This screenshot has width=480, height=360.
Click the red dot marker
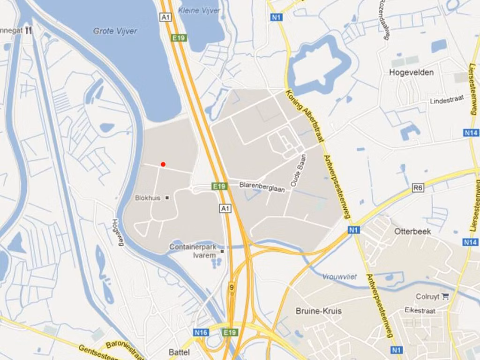click(x=163, y=164)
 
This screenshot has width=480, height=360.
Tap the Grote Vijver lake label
click(x=115, y=31)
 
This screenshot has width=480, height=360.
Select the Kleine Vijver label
click(x=200, y=10)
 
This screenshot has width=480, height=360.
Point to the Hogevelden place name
click(x=411, y=72)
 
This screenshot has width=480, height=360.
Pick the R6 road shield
click(x=418, y=188)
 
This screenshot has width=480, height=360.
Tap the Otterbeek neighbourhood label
click(x=412, y=232)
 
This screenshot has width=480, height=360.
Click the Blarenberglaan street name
click(x=262, y=187)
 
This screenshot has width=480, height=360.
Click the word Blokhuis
click(x=148, y=198)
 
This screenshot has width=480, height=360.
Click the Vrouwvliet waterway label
click(x=339, y=277)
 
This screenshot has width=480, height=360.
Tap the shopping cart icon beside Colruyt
click(x=445, y=296)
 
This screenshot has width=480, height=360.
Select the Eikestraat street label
click(x=420, y=310)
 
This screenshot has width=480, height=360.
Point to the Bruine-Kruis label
click(x=319, y=311)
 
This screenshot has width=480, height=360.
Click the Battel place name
click(x=179, y=352)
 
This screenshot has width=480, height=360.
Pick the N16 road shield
click(x=201, y=332)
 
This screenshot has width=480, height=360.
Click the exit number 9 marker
click(x=232, y=287)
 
